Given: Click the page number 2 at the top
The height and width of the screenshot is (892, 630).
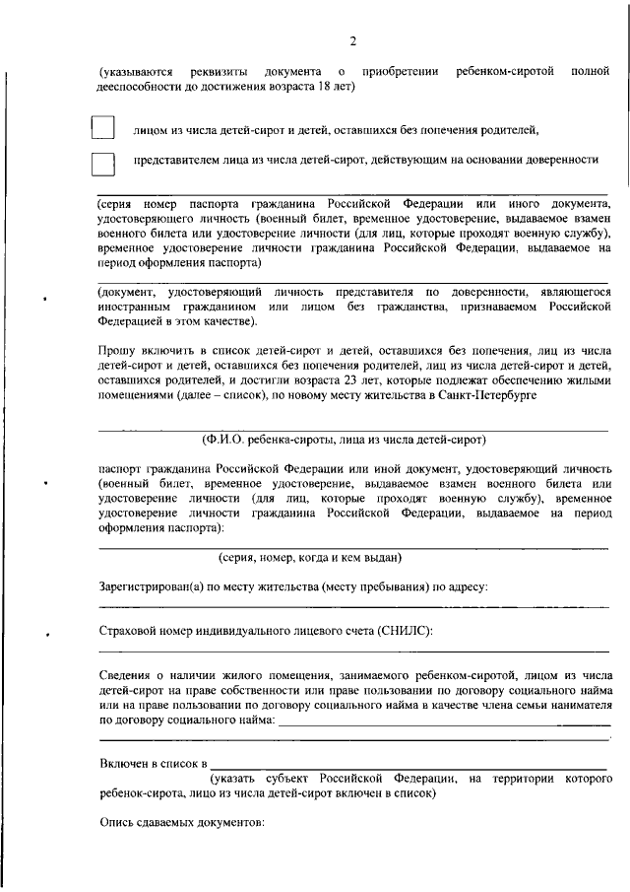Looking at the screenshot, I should pyautogui.click(x=351, y=40).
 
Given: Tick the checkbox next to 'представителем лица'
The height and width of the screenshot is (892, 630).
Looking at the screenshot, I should pyautogui.click(x=102, y=164).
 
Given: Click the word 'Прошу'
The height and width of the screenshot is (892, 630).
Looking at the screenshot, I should pyautogui.click(x=118, y=350).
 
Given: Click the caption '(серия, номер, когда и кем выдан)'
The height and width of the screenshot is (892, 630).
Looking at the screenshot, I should pyautogui.click(x=309, y=558).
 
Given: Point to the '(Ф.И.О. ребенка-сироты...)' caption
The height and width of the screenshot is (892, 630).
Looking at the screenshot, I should pyautogui.click(x=343, y=439).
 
